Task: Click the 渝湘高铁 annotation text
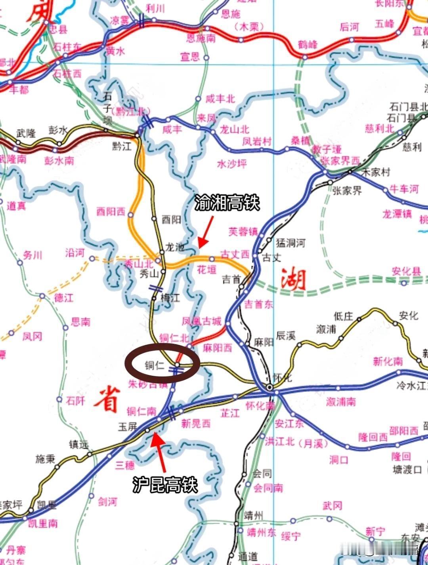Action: (x=227, y=203)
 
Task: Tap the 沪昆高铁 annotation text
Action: (x=165, y=484)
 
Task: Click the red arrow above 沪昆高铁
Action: (x=159, y=446)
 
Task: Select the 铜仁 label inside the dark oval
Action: (x=154, y=365)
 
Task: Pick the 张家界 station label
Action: (x=347, y=191)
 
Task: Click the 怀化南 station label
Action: (x=260, y=406)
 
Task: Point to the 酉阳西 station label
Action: (x=111, y=212)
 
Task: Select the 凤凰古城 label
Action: (x=201, y=321)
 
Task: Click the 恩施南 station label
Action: (x=201, y=38)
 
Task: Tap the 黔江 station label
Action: (x=122, y=146)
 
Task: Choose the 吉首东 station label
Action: (x=258, y=304)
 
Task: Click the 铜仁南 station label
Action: (x=141, y=411)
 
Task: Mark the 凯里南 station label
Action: (x=43, y=523)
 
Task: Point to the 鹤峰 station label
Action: (x=308, y=44)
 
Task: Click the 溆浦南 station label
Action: (x=341, y=401)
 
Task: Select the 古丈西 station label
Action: (x=235, y=254)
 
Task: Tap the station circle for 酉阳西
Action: (x=131, y=215)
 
